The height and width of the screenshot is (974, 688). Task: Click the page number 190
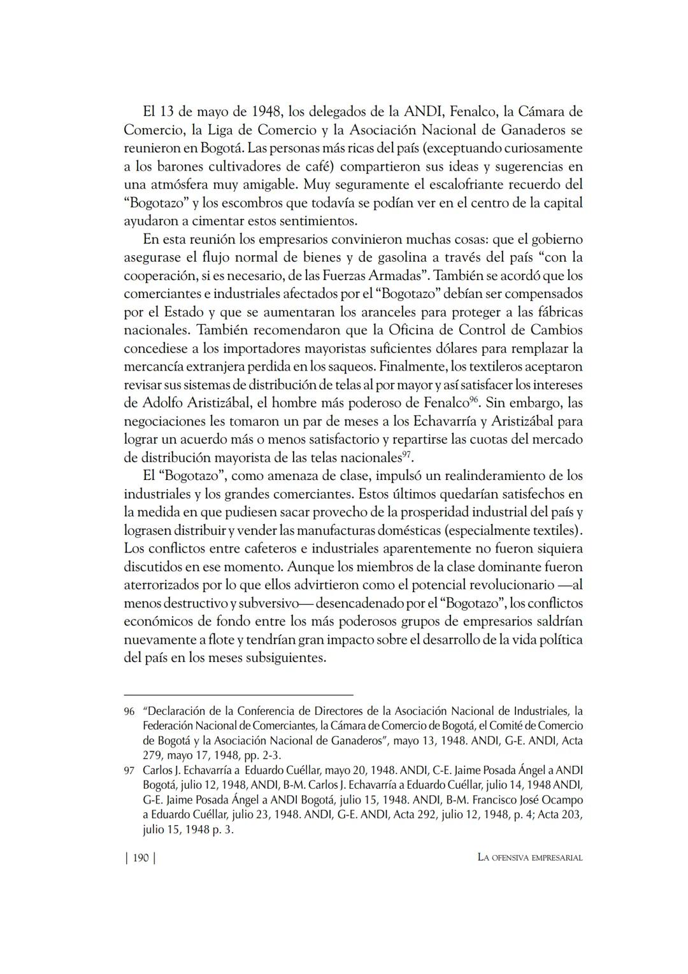tap(140, 858)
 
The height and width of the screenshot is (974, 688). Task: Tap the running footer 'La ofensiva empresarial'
tap(530, 858)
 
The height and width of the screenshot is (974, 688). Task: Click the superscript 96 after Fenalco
tap(474, 400)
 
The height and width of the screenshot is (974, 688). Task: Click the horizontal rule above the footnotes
tap(238, 695)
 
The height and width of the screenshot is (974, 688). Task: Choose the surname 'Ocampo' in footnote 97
tap(561, 800)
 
